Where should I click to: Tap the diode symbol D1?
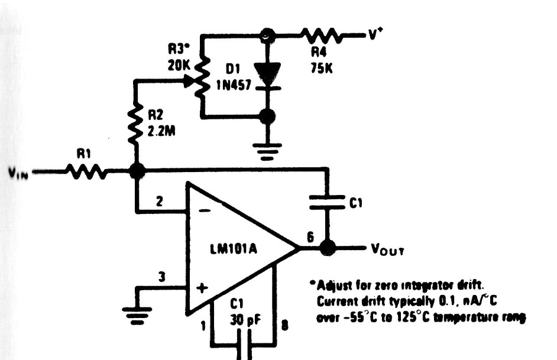(268, 73)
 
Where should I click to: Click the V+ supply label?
(373, 34)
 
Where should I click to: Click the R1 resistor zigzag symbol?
(87, 173)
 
